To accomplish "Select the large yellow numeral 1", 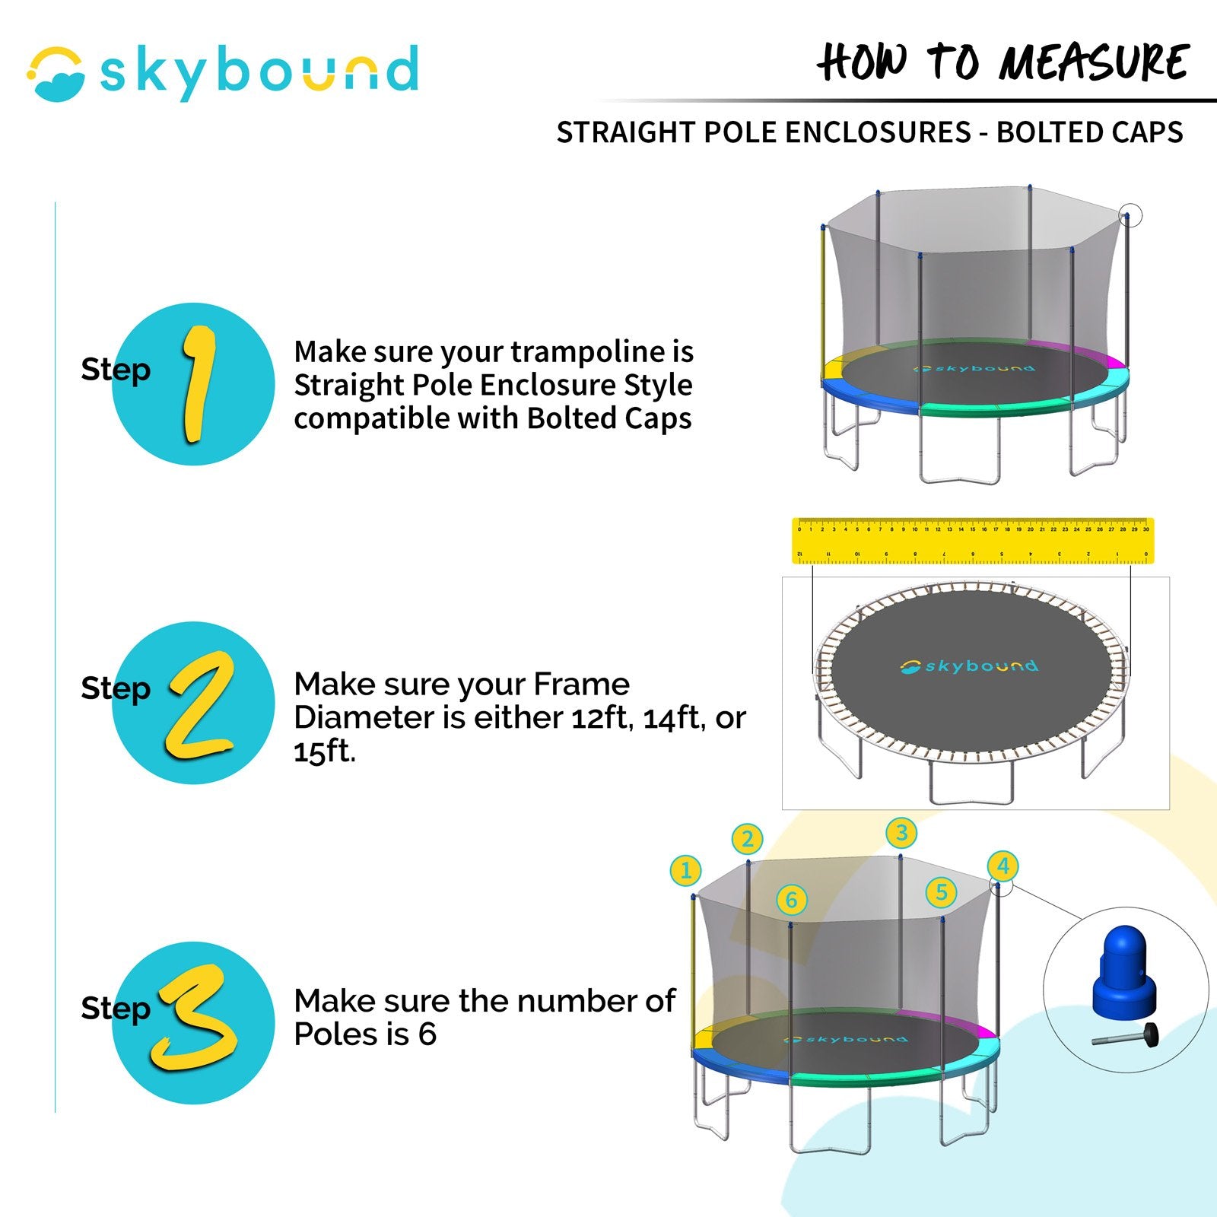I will point(198,383).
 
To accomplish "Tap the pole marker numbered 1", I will point(685,870).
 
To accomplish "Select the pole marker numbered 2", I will point(747,839).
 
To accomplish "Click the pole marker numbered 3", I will point(901,832).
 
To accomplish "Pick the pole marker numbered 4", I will point(1003,866).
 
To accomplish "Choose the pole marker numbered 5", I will point(941,891).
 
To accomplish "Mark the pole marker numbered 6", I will point(791,901).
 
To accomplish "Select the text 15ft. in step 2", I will point(325,751).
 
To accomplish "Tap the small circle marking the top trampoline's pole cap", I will point(1130,215).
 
